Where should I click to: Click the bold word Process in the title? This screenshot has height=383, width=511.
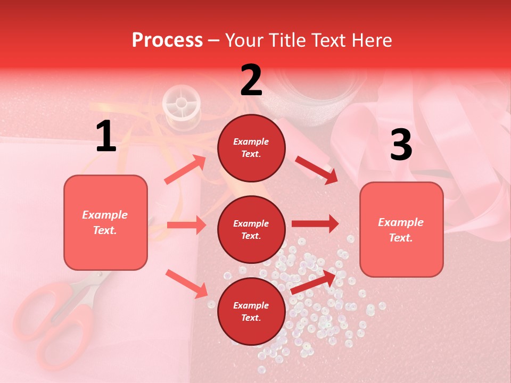coord(167,40)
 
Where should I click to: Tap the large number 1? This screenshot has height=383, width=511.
coord(106,137)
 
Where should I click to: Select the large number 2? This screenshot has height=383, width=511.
coord(251,80)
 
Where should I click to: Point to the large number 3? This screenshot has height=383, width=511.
coord(401,145)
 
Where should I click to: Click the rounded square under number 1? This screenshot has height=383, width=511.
coord(105,222)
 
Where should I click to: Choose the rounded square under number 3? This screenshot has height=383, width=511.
coord(401,229)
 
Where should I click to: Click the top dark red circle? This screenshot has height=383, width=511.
coord(251,148)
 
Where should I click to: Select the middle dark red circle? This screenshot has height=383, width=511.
coord(251,229)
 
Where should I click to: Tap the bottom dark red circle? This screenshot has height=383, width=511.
coord(251,311)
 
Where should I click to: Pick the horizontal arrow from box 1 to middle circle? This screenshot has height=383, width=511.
coord(186,225)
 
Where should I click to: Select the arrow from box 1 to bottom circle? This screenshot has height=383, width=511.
coord(186,284)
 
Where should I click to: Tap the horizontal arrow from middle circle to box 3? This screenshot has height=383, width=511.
coord(315,224)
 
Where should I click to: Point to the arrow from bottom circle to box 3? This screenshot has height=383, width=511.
coord(314,282)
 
